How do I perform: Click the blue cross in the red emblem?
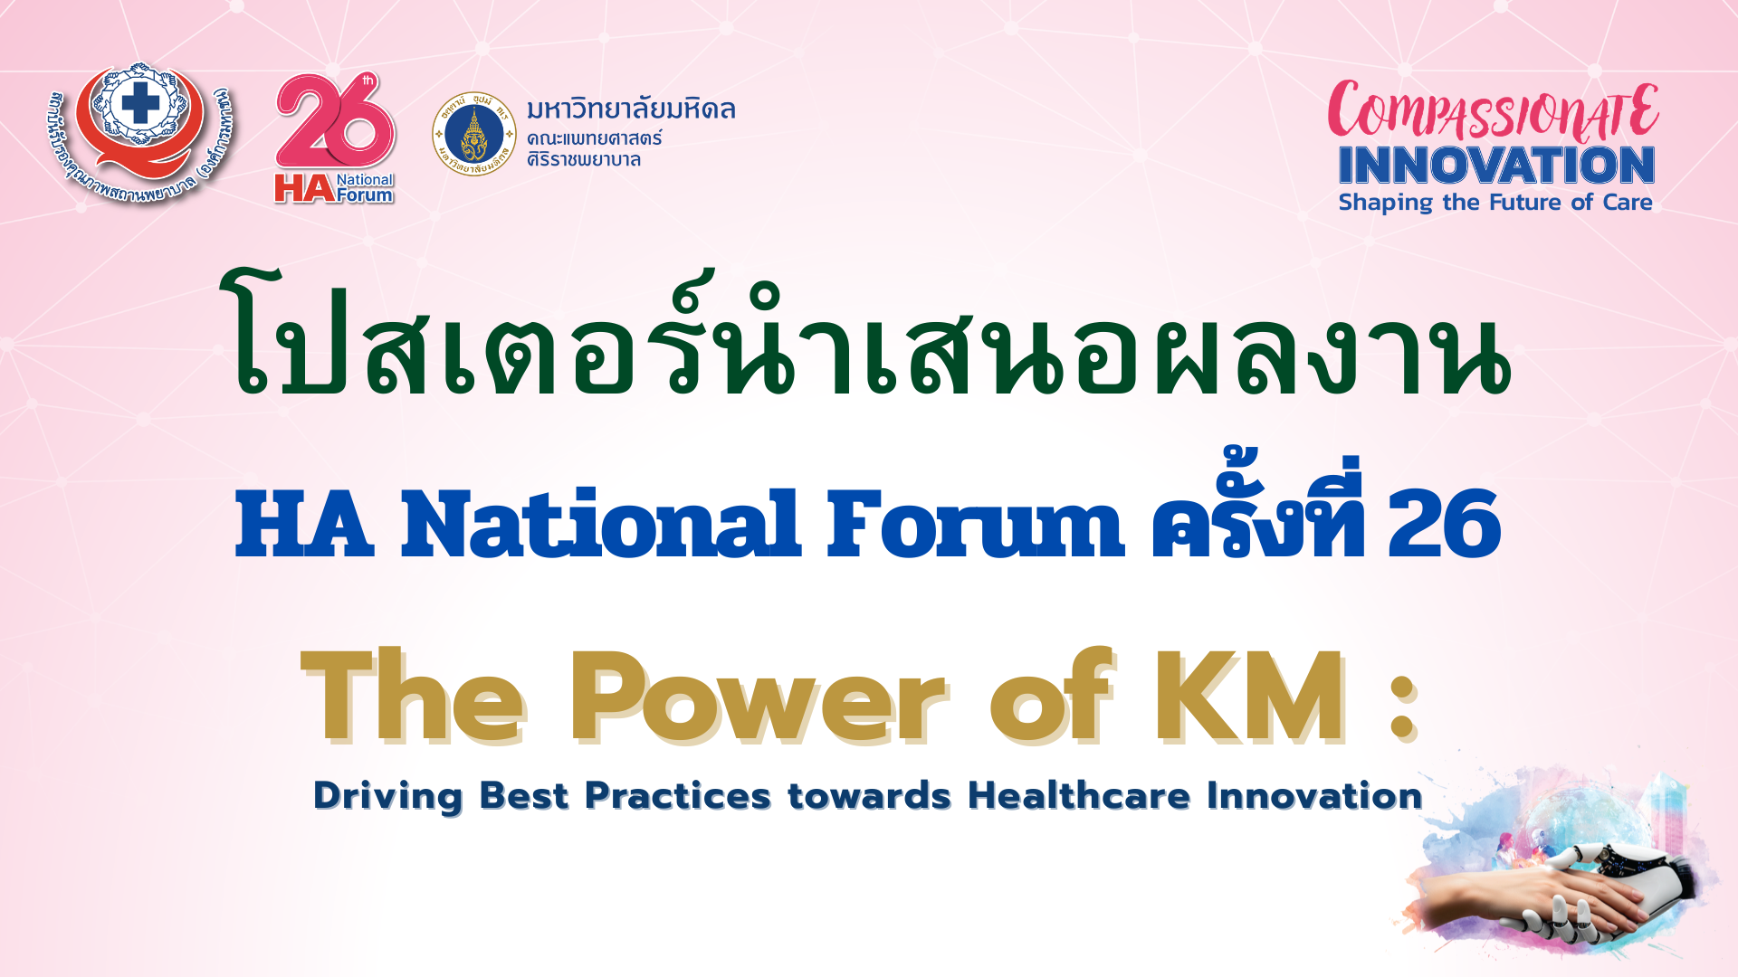pos(140,104)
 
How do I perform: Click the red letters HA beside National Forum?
pos(304,188)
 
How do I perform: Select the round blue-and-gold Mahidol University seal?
pos(474,134)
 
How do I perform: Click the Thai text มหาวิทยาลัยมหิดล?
pos(631,109)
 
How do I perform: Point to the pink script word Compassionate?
pos(1494,110)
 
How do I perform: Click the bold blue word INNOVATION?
pos(1496,166)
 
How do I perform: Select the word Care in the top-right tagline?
pos(1628,202)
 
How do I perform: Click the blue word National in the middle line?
pos(600,525)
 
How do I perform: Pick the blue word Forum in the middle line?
pos(975,525)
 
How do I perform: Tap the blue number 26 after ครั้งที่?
pos(1445,525)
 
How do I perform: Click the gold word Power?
pos(758,697)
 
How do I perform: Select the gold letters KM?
pos(1250,697)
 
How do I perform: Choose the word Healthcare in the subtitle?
pos(1079,796)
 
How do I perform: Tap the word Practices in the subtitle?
pos(678,796)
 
